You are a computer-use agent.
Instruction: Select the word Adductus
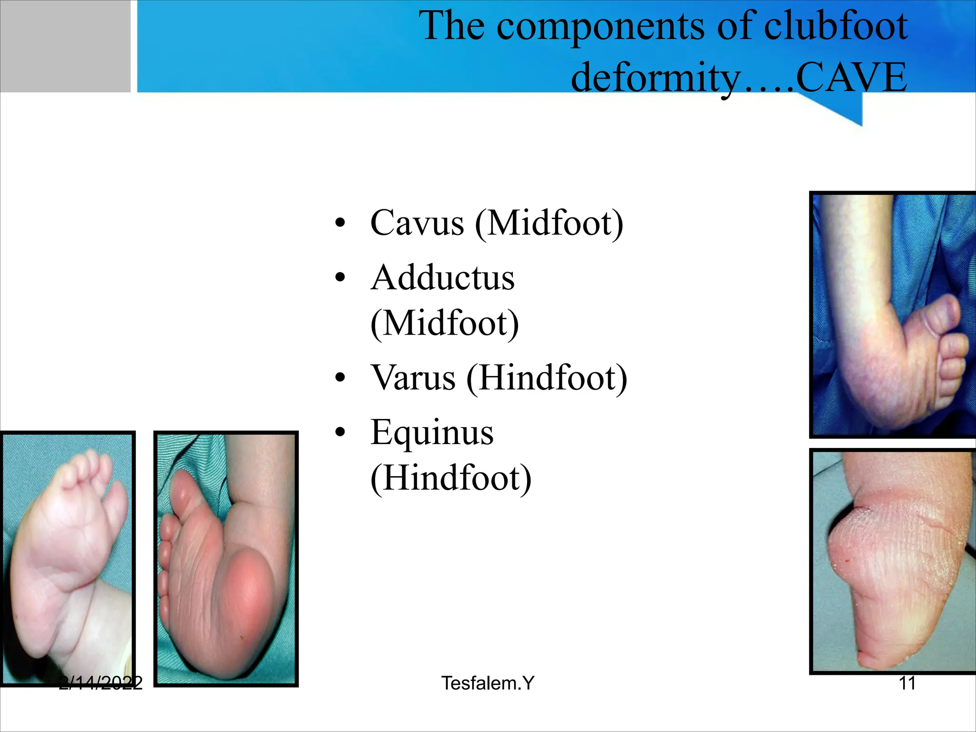(443, 278)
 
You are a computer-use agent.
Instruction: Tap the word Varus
(413, 378)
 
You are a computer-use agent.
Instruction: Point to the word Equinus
(432, 433)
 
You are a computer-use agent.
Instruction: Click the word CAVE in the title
(851, 77)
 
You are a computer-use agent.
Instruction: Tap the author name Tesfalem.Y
(488, 683)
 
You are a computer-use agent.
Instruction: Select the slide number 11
(907, 683)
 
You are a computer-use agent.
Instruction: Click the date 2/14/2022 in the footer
(101, 683)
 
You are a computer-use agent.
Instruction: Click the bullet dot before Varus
(340, 378)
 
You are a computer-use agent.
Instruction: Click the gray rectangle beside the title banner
(65, 46)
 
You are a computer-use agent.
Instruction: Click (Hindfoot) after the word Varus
(547, 378)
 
